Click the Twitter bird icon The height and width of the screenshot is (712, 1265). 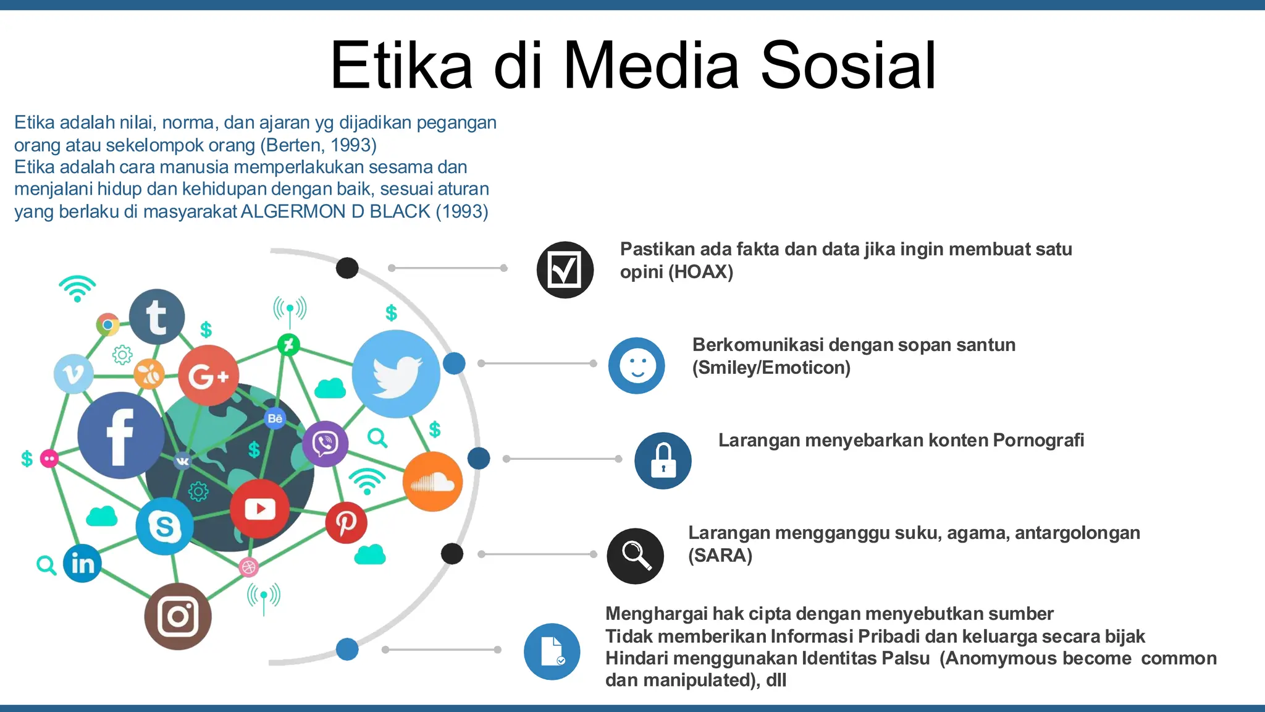pos(396,375)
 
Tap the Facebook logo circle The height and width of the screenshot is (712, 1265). pos(120,436)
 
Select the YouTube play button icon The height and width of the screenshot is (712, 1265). pos(259,509)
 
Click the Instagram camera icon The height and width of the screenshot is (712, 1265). pos(178,616)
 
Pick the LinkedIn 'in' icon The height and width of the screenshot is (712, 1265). pos(82,563)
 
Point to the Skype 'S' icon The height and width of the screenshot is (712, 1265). pos(164,527)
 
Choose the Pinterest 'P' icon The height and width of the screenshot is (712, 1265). pos(346,523)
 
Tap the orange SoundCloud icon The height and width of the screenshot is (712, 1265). pos(432,482)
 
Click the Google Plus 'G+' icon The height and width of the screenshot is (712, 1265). pos(208,375)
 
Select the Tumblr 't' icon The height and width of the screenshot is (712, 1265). pos(157,317)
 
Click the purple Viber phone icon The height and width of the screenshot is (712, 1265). pos(325,443)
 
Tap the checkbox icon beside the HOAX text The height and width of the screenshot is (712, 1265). pos(565,270)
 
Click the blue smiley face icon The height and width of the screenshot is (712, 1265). pos(636,365)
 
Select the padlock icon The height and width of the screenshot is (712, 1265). pos(663,460)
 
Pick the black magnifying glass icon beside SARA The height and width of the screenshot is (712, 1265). pos(635,556)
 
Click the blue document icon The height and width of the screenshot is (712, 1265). pos(552,651)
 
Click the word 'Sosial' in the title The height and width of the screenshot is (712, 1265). pos(848,66)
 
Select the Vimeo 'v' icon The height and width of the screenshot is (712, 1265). pos(74,374)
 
